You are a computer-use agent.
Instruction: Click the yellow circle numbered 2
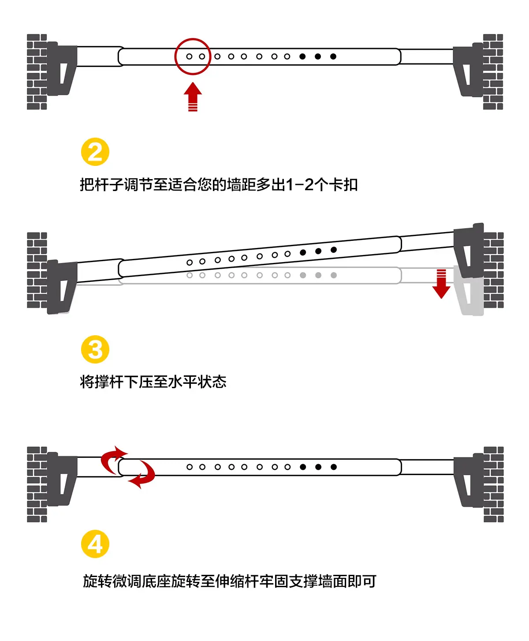pyautogui.click(x=95, y=152)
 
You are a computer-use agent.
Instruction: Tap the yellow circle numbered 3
pyautogui.click(x=95, y=349)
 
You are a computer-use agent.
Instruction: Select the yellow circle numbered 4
pyautogui.click(x=95, y=544)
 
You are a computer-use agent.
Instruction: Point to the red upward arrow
pyautogui.click(x=193, y=97)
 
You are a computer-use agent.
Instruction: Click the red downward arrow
pyautogui.click(x=441, y=284)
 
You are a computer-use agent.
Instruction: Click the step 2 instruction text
pyautogui.click(x=219, y=185)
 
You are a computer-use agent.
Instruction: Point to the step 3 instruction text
pyautogui.click(x=153, y=382)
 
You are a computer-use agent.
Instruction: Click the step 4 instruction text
pyautogui.click(x=230, y=581)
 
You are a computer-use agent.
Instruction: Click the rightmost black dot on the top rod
pyautogui.click(x=333, y=56)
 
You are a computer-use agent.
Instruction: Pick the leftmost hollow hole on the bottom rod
pyautogui.click(x=190, y=467)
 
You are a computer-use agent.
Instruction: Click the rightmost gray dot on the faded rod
pyautogui.click(x=334, y=275)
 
